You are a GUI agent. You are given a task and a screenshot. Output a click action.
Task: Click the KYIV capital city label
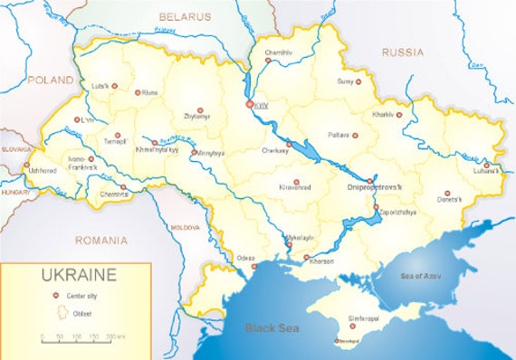coord(263,106)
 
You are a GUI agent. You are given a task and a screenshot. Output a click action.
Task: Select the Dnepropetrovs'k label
coord(374,188)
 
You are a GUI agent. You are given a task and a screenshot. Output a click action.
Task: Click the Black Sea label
coord(272,328)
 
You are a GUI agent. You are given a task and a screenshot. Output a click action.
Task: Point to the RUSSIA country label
coord(403,52)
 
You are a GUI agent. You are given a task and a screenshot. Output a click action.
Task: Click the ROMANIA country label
coord(101,241)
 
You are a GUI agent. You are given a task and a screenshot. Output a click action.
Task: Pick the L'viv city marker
coord(75,119)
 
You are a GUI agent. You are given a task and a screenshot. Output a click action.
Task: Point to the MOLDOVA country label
coord(185,226)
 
